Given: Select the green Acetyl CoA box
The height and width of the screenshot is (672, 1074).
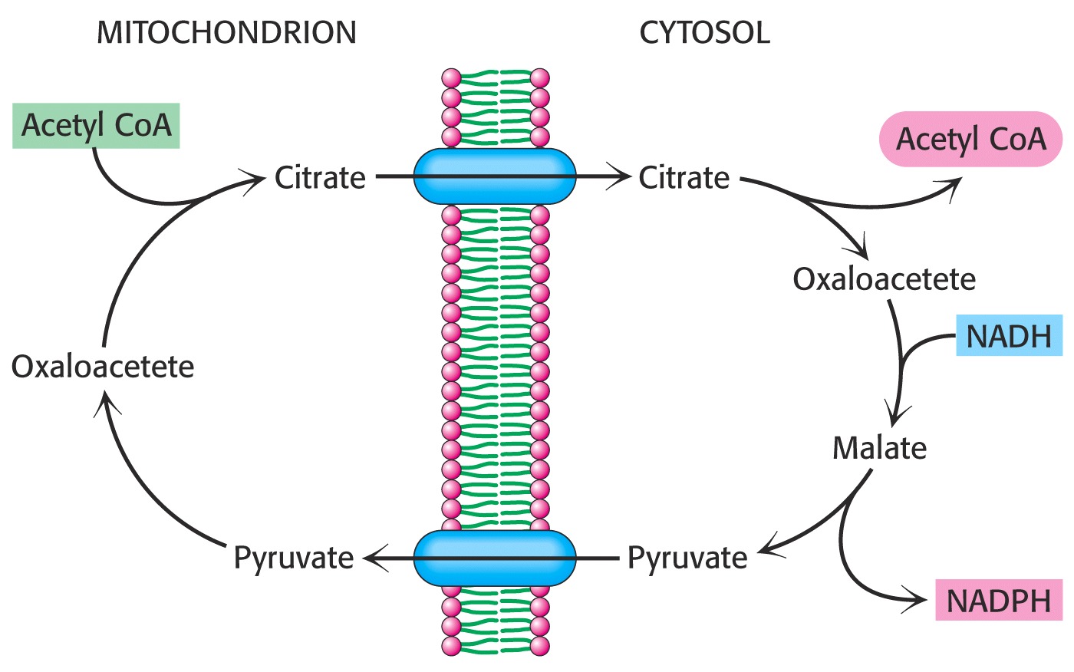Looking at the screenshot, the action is click(x=96, y=126).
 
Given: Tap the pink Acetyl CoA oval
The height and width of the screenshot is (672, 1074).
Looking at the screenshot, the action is click(x=970, y=139).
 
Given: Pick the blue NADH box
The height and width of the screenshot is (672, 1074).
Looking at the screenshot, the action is click(x=1010, y=335).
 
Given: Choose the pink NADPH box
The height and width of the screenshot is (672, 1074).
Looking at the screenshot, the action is click(x=999, y=600).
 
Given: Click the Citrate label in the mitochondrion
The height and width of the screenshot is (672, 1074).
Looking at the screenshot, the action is click(x=320, y=178).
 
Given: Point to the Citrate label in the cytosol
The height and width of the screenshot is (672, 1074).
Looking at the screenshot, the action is click(x=684, y=178).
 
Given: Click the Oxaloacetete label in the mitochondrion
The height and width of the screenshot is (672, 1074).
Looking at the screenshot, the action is click(x=103, y=367).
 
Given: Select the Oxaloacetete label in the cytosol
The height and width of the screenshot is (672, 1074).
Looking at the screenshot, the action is click(x=884, y=279).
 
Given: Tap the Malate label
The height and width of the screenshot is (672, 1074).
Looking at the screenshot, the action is click(x=880, y=448).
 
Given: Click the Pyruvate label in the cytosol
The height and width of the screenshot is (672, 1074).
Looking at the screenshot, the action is click(x=687, y=558).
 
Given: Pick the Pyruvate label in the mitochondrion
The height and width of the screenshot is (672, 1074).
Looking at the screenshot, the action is click(x=293, y=558).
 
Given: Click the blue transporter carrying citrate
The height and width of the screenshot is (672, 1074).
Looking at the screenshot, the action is click(x=494, y=176).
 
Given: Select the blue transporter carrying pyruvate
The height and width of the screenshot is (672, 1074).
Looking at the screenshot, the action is click(x=494, y=558).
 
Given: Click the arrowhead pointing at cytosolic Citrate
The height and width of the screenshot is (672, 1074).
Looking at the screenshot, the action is click(x=621, y=177).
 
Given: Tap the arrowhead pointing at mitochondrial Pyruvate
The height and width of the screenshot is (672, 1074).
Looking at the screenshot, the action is click(x=374, y=558).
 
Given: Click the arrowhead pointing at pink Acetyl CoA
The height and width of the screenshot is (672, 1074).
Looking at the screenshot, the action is click(x=952, y=185).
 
